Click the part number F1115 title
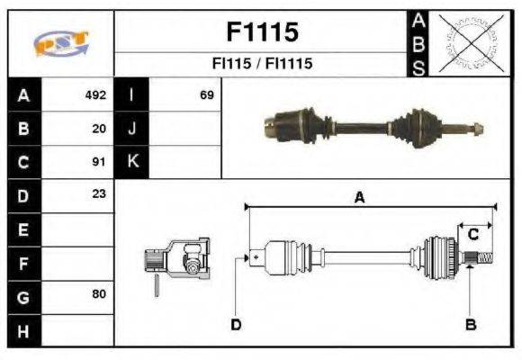261,32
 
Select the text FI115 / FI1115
261,65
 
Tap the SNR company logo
60,43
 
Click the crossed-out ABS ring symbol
468,42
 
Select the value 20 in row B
99,128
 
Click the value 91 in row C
99,162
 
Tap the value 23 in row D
99,194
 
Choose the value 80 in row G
99,295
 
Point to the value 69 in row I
206,94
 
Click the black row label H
22,330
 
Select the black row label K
132,162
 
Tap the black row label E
22,229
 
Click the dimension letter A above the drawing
359,199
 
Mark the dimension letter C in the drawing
472,235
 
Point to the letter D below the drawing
236,324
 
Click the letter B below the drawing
470,324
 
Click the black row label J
132,128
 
